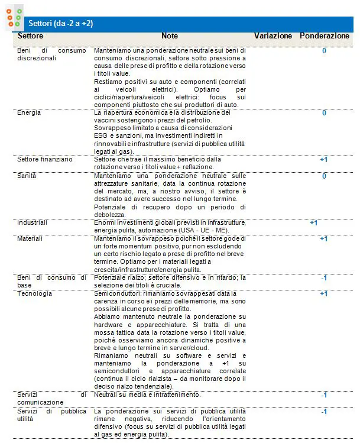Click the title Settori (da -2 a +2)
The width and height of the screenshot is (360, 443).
pyautogui.click(x=60, y=23)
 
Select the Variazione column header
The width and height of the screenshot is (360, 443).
pyautogui.click(x=273, y=36)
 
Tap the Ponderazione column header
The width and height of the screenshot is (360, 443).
pyautogui.click(x=324, y=36)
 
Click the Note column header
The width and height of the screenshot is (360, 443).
pyautogui.click(x=169, y=36)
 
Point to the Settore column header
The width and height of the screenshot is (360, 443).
pyautogui.click(x=30, y=36)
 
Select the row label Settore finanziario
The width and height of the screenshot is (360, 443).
pyautogui.click(x=44, y=159)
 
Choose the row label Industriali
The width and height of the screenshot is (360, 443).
pyautogui.click(x=32, y=222)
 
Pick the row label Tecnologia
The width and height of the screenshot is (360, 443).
pyautogui.click(x=34, y=293)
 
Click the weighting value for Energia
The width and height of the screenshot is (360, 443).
pyautogui.click(x=324, y=112)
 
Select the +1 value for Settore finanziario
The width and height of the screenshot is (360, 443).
pyautogui.click(x=323, y=159)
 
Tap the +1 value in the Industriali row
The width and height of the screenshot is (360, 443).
pyautogui.click(x=313, y=222)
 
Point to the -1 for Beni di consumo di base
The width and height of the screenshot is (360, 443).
pyautogui.click(x=324, y=277)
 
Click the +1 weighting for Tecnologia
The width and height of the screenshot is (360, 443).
pyautogui.click(x=323, y=293)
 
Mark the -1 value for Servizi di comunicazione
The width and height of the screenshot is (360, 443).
pyautogui.click(x=324, y=395)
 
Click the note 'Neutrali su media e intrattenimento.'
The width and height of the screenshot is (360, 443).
pyautogui.click(x=147, y=395)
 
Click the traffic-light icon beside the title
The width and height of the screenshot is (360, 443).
pyautogui.click(x=14, y=18)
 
